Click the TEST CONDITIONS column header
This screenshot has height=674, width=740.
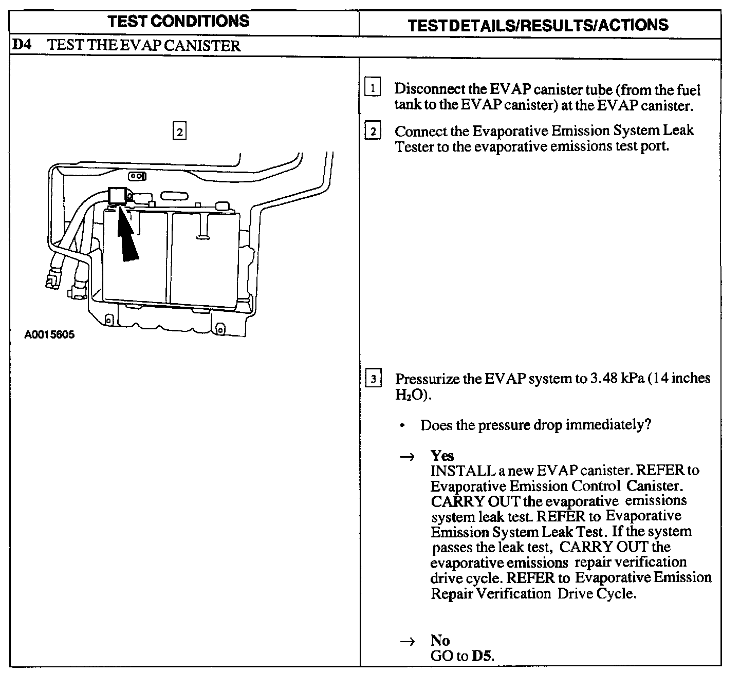point(179,21)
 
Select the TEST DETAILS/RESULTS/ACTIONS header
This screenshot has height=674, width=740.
point(538,25)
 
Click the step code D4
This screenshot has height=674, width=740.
point(22,45)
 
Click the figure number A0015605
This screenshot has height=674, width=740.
point(49,335)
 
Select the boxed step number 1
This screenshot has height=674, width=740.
point(373,88)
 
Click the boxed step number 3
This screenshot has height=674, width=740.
point(373,380)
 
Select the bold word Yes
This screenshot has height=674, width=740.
point(442,456)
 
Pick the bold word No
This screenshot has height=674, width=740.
point(440,640)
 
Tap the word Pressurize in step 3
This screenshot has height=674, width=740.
point(428,379)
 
